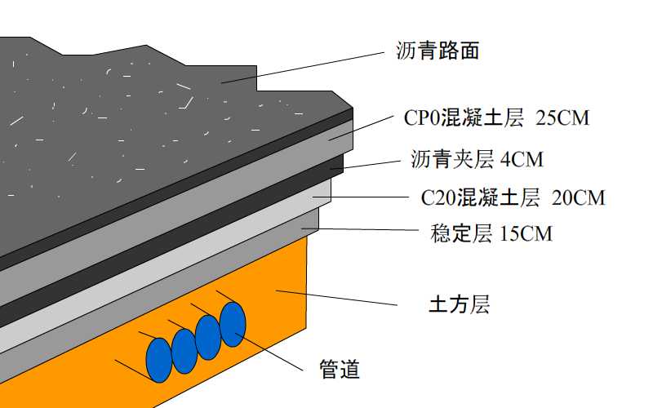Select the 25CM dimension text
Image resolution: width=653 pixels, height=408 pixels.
[562, 118]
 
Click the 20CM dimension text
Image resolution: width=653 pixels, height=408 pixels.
[578, 197]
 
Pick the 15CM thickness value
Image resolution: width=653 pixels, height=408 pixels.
[526, 234]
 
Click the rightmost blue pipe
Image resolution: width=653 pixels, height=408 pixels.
[233, 324]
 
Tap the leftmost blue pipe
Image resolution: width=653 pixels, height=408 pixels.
[158, 360]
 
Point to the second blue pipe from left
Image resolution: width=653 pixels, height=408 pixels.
[184, 348]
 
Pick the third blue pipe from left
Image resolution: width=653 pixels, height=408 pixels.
[208, 336]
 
